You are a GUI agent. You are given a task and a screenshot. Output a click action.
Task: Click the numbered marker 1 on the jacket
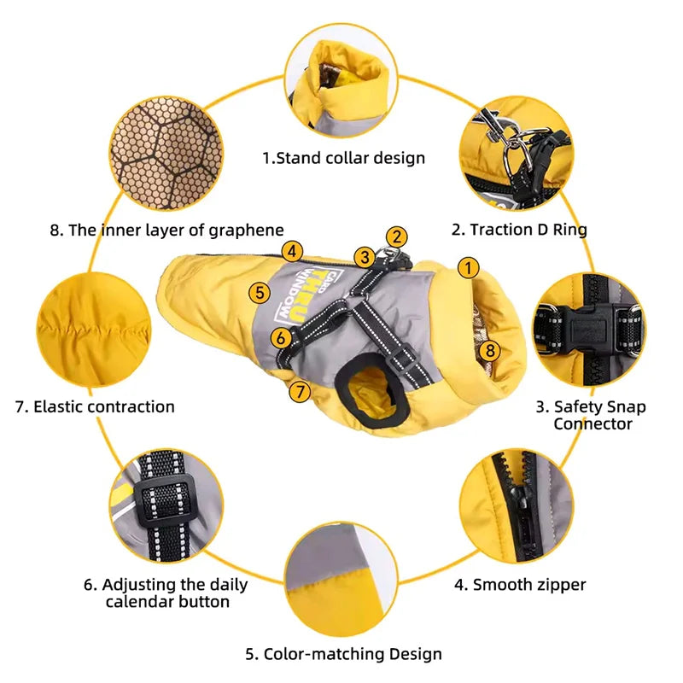pyautogui.click(x=469, y=267)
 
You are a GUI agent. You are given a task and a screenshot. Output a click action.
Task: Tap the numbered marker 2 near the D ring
pyautogui.click(x=396, y=237)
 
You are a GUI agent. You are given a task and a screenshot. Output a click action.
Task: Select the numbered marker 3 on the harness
pyautogui.click(x=365, y=258)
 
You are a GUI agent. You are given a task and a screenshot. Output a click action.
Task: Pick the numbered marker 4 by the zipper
pyautogui.click(x=292, y=251)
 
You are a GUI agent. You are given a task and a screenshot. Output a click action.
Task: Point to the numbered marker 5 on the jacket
pyautogui.click(x=260, y=292)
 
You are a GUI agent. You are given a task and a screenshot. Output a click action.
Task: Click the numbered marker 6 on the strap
pyautogui.click(x=281, y=337)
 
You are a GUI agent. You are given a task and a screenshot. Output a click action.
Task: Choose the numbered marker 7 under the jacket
pyautogui.click(x=300, y=391)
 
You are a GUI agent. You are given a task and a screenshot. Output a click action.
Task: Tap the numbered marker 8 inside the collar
pyautogui.click(x=490, y=350)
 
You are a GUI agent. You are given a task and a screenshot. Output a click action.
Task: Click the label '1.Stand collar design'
pyautogui.click(x=344, y=158)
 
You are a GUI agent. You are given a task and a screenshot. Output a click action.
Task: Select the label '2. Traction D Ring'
pyautogui.click(x=519, y=229)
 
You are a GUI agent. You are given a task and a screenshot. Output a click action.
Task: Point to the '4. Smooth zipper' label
pyautogui.click(x=520, y=585)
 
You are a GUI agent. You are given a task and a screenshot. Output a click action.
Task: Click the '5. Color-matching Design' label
pyautogui.click(x=344, y=654)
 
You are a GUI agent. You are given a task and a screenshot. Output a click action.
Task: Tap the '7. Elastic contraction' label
pyautogui.click(x=95, y=406)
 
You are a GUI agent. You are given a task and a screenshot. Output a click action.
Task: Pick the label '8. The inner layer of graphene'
pyautogui.click(x=166, y=230)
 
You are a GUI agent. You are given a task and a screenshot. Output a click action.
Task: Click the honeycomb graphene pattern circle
pyautogui.click(x=166, y=153)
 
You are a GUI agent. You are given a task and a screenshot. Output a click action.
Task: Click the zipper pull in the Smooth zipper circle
pyautogui.click(x=519, y=501)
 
